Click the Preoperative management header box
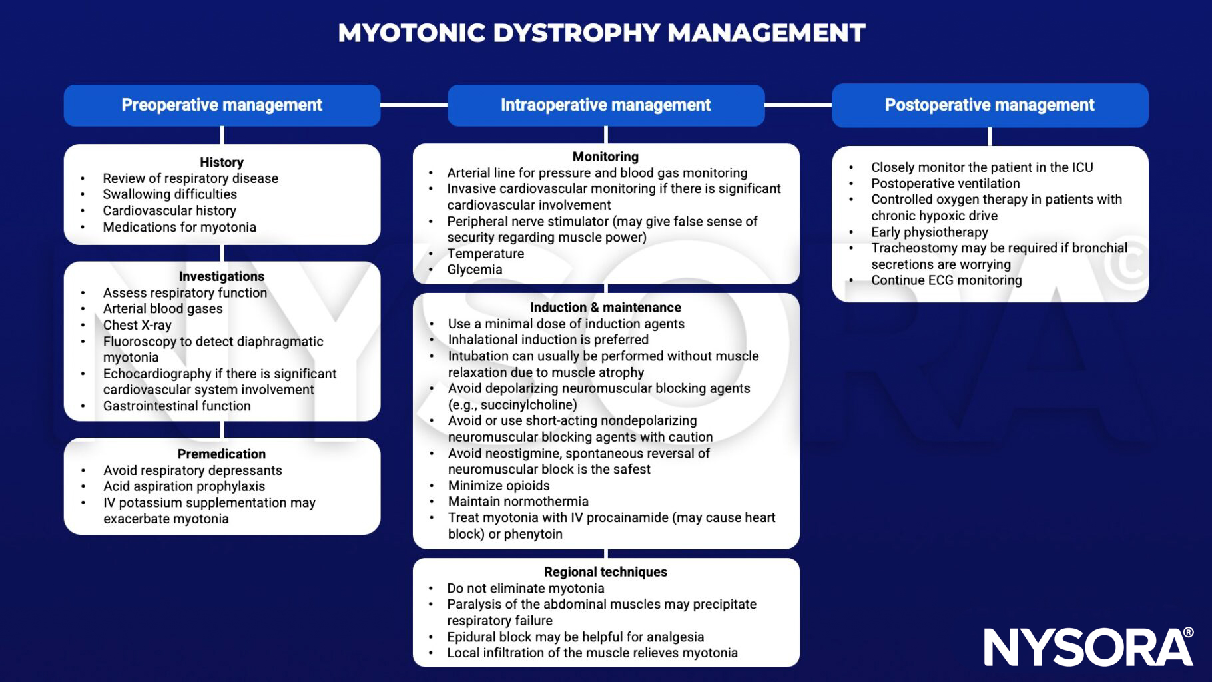point(222,105)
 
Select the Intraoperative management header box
point(605,105)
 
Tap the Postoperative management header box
point(990,105)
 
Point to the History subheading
point(222,162)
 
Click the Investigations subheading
point(222,276)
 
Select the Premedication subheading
point(222,454)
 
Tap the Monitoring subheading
point(605,157)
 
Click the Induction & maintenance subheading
point(605,308)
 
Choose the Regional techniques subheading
point(605,572)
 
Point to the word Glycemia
point(475,270)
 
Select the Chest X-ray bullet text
point(137,325)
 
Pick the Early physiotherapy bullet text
point(930,232)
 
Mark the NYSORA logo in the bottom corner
point(1088,646)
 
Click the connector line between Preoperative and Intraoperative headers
point(414,105)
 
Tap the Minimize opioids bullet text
point(499,486)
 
